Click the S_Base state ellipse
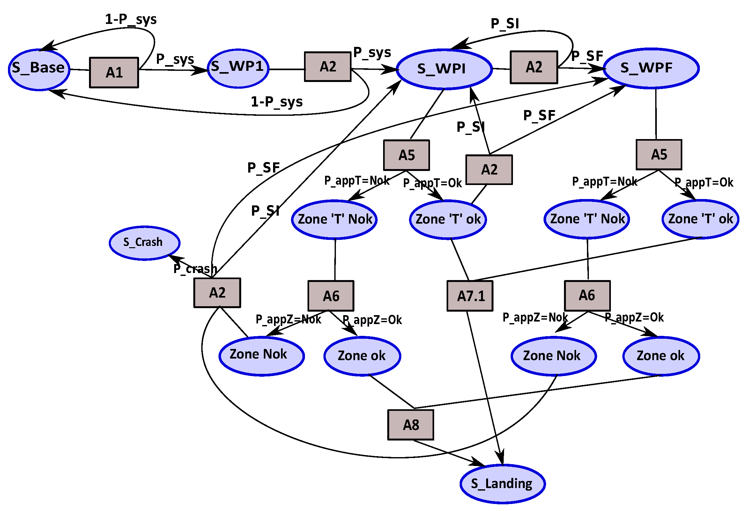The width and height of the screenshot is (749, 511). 39,70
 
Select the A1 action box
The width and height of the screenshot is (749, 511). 114,72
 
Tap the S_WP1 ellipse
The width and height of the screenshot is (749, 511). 238,68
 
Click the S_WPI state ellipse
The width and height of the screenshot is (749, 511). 444,69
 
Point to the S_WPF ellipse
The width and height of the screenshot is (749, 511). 651,68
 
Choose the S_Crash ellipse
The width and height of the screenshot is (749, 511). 144,243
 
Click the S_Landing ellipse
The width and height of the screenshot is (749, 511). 502,484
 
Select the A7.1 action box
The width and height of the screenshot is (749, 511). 470,296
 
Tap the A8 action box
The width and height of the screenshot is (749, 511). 410,425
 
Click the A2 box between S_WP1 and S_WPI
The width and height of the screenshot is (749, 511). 327,67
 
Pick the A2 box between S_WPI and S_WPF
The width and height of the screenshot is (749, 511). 534,67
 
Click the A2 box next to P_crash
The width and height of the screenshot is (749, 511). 217,293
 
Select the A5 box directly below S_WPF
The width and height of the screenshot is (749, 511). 659,155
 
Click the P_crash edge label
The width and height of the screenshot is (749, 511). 195,268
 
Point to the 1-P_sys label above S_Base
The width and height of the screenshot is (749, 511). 131,19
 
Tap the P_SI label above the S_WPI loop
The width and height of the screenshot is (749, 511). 505,24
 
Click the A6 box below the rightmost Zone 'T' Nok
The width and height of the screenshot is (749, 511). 587,295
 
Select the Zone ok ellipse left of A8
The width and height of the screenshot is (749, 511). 362,356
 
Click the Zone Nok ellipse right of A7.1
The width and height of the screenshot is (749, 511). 553,356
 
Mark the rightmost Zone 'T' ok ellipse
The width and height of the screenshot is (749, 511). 700,219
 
